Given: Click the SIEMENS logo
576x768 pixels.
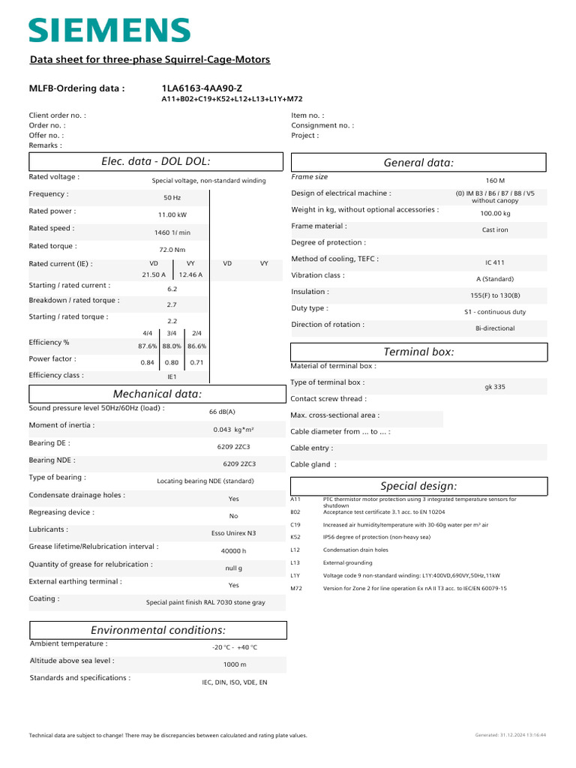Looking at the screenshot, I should coord(109,31).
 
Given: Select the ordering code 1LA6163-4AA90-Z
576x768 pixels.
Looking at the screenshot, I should coord(202,88).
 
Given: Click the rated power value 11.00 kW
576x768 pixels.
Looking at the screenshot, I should coord(172,214).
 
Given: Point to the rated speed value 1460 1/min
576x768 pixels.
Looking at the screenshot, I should coord(172,232).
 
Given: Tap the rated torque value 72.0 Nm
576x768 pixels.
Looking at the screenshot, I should coord(172,250).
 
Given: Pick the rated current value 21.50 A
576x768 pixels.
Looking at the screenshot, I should coord(154,275).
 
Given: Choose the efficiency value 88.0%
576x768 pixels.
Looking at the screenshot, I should coord(172,346).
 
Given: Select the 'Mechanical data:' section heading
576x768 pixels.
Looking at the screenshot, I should coord(157,394).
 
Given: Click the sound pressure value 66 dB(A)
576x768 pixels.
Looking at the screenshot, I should coord(222,412).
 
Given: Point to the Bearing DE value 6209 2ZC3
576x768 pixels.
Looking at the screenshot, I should coord(233,447).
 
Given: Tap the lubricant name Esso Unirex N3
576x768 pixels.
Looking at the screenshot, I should coord(233,533).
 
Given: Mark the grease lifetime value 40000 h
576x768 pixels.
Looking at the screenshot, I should coord(233,550).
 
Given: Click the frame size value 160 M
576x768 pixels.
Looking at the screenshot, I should coord(495,181).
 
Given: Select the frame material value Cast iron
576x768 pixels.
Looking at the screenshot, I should coord(495,230).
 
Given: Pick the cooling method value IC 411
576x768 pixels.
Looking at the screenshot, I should coord(495,263).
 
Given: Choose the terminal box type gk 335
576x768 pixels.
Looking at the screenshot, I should coord(495,387).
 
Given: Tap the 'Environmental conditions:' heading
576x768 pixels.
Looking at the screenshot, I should coord(157,630).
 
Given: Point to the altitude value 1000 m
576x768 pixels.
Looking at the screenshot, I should coord(235,664).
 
